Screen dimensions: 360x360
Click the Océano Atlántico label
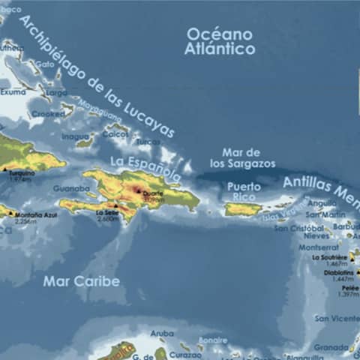tap(220, 41)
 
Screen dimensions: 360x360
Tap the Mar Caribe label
tap(81, 281)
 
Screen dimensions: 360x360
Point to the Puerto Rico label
tap(244, 191)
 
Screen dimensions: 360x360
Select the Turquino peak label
tap(20, 173)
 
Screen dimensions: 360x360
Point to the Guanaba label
tap(71, 188)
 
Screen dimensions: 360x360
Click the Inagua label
tap(75, 136)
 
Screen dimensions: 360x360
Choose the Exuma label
tap(13, 92)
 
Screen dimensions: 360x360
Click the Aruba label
tap(161, 333)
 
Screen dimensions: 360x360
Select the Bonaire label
tap(212, 340)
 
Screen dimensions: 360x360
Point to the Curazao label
tap(185, 354)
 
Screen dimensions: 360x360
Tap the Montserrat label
tap(318, 247)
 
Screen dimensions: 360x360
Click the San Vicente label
tap(335, 318)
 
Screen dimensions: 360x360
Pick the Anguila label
tap(322, 202)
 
